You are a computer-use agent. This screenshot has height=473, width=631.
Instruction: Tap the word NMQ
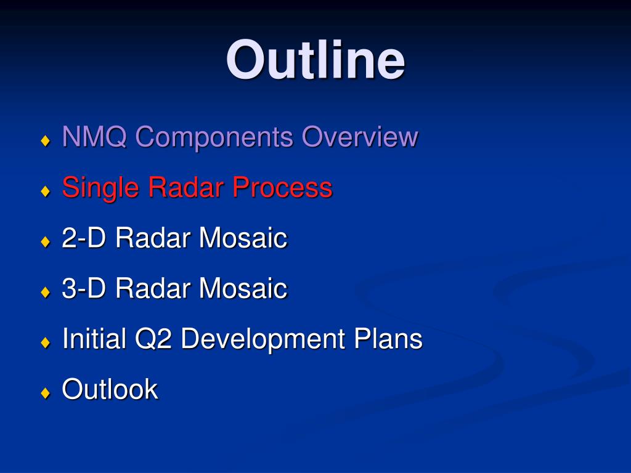click(94, 137)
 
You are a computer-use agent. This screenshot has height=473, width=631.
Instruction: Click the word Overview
click(360, 136)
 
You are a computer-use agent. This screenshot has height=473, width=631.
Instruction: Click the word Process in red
click(282, 187)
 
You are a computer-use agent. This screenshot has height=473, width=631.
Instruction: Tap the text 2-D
click(84, 238)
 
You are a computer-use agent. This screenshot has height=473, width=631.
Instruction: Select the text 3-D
click(84, 288)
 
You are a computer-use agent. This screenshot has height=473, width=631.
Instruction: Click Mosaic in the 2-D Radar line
click(243, 238)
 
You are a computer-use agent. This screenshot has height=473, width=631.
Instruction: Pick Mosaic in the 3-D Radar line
click(243, 288)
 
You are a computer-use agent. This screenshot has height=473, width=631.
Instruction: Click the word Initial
click(94, 338)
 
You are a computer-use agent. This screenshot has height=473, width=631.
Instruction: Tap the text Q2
click(153, 339)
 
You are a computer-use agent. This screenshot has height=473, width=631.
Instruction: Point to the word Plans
click(388, 338)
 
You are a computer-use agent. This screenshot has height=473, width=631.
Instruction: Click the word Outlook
click(110, 389)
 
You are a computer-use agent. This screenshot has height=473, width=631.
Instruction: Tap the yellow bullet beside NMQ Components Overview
click(46, 141)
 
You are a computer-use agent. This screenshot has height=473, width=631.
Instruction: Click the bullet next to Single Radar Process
click(46, 191)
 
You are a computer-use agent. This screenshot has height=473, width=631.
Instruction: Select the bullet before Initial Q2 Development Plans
click(46, 342)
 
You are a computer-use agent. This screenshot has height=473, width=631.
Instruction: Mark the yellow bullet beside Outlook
click(46, 392)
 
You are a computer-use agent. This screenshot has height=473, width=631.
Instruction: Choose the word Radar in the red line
click(186, 187)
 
